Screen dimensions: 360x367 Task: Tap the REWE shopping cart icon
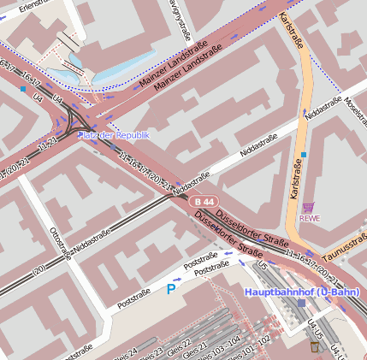click(x=308, y=207)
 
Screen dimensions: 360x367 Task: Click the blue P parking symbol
click(x=170, y=290)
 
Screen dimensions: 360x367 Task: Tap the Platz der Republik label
click(x=113, y=135)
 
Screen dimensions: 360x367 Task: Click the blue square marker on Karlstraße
click(x=303, y=155)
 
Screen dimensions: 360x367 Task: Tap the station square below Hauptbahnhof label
click(x=301, y=304)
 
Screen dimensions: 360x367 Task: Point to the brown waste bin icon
click(x=314, y=346)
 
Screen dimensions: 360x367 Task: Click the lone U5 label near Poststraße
click(x=263, y=267)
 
